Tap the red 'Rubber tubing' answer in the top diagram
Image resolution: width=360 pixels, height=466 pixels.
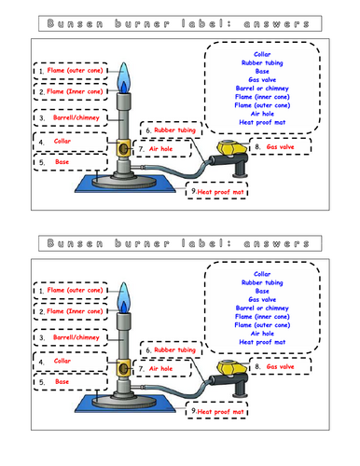coord(173,130)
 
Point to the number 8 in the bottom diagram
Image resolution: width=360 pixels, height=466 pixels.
coord(256,367)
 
